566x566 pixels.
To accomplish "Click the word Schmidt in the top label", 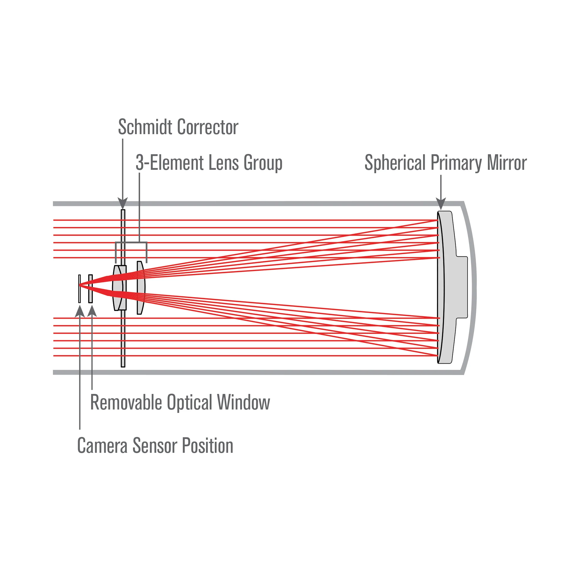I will pos(145,127).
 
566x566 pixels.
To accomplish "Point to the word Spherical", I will pos(395,163).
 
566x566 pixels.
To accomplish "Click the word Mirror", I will pos(507,163).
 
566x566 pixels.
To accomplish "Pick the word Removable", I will pos(126,402).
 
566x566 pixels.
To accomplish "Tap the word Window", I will pos(243,402).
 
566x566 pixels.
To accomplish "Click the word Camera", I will pos(102,446).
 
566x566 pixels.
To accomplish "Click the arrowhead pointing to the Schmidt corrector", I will pos(123,203).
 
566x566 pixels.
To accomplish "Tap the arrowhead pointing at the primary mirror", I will pos(441,203).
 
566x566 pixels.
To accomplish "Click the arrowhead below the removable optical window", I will pos(92,311).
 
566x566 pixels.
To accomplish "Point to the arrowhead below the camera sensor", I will pos(80,311).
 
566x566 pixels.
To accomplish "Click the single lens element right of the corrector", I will pos(141,288).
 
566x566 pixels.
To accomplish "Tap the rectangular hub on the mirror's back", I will pos(461,287).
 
